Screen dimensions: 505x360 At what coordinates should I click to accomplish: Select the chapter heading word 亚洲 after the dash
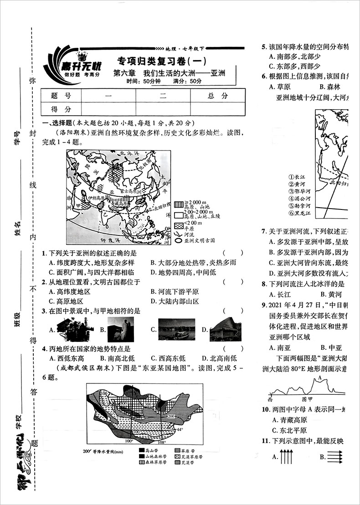(x=216, y=73)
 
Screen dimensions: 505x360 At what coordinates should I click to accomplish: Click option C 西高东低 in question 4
(x=169, y=358)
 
